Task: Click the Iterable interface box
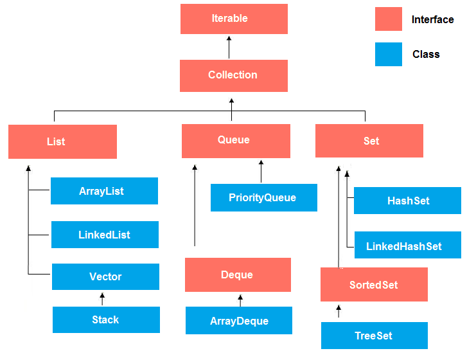234,19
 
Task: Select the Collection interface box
234,75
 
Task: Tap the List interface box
62,141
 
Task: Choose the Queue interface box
236,141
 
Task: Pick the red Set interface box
369,141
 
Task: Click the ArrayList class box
104,191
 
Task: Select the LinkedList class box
105,235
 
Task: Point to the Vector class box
106,276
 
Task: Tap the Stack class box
106,319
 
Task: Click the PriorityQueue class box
263,197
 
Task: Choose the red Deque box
238,274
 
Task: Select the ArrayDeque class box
239,320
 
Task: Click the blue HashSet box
407,201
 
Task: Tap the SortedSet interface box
374,285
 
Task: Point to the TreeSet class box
374,336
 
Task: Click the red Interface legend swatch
388,19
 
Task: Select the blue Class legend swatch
388,54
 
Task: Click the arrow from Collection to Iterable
228,47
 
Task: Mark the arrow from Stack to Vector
101,298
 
